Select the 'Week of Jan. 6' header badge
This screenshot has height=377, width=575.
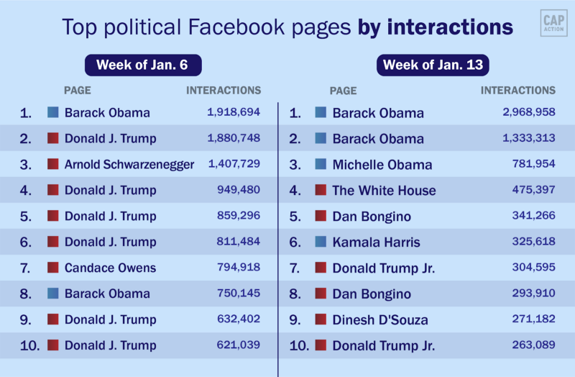(142, 65)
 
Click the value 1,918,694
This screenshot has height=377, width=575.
(233, 112)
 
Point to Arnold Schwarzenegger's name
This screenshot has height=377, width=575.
(129, 164)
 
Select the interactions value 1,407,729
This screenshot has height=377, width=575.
(234, 164)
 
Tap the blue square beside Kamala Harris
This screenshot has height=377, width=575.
(321, 242)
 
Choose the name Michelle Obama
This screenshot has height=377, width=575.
(382, 165)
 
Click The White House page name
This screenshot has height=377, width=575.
(384, 191)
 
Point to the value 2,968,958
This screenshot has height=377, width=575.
(528, 112)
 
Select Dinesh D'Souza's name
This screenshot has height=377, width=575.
(379, 319)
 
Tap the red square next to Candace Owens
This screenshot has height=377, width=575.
(52, 268)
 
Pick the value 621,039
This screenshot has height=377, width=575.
(238, 345)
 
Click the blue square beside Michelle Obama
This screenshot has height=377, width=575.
(321, 164)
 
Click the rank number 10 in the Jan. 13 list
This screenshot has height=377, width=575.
(298, 346)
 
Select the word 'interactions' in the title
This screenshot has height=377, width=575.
(450, 27)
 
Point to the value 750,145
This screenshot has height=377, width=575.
(238, 294)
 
